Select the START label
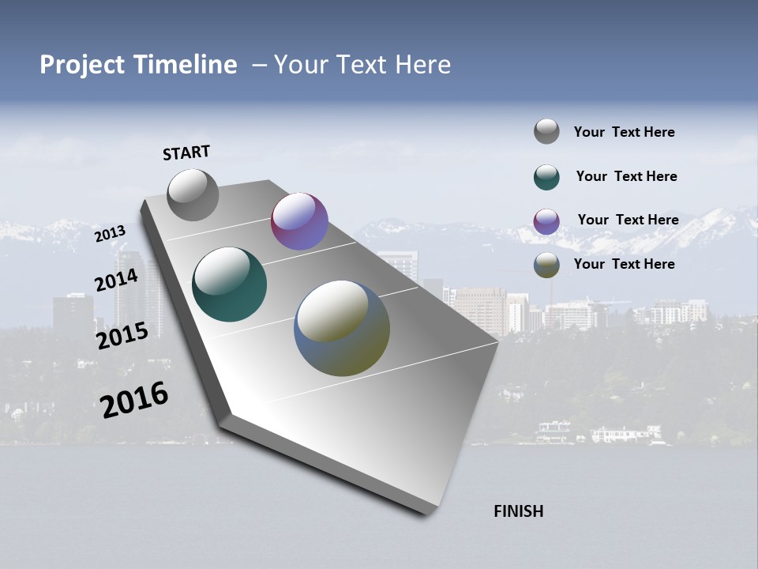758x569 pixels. pos(186,153)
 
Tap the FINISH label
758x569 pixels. pos(519,511)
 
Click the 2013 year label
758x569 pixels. pos(110,234)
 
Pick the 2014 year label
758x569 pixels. pos(117,281)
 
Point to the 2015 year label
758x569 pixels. pos(122,335)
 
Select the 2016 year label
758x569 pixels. pos(134,400)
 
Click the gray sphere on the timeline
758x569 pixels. pos(193,194)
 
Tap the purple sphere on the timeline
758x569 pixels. pos(299,221)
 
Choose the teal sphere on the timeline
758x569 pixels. pos(230,284)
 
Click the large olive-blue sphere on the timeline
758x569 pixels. pos(342,328)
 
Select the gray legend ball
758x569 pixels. pos(546,132)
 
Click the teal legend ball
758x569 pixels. pos(546,177)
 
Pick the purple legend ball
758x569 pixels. pos(546,221)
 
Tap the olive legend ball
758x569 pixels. pos(546,265)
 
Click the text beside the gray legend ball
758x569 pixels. pos(624,132)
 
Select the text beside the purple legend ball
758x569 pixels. pos(628,220)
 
